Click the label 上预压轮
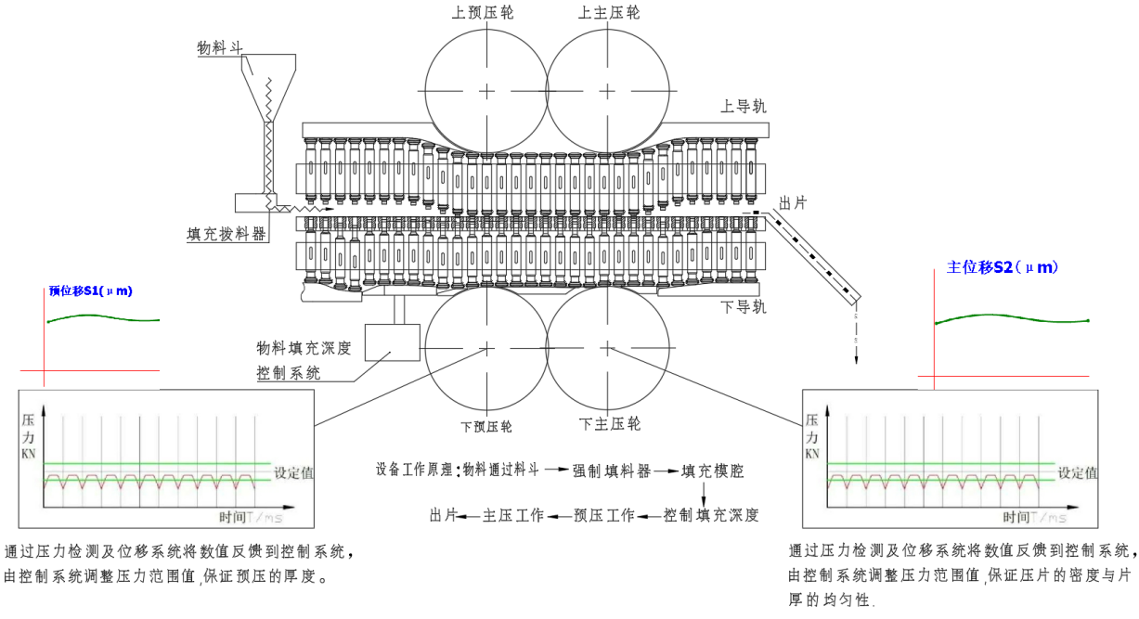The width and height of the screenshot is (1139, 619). pyautogui.click(x=483, y=13)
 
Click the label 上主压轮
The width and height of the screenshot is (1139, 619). pyautogui.click(x=609, y=13)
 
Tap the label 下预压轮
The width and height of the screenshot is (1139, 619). pyautogui.click(x=486, y=427)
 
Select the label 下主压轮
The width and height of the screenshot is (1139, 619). pyautogui.click(x=610, y=424)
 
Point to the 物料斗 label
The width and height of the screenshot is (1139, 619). pyautogui.click(x=220, y=47)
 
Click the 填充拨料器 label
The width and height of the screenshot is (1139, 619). pyautogui.click(x=227, y=234)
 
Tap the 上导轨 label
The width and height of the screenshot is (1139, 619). pyautogui.click(x=744, y=106)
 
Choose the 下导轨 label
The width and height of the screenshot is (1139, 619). pyautogui.click(x=744, y=307)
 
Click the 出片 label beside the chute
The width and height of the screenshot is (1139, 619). pyautogui.click(x=792, y=202)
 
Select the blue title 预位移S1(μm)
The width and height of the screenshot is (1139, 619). pyautogui.click(x=90, y=291)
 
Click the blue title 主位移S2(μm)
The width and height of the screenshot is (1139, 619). pyautogui.click(x=1003, y=267)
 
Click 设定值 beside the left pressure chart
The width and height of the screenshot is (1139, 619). pyautogui.click(x=293, y=472)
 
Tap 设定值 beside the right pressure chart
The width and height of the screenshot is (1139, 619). pyautogui.click(x=1078, y=472)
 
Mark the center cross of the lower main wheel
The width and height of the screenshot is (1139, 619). pyautogui.click(x=608, y=348)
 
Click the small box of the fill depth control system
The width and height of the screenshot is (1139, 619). pyautogui.click(x=393, y=342)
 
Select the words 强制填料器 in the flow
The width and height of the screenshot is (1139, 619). pyautogui.click(x=611, y=470)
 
